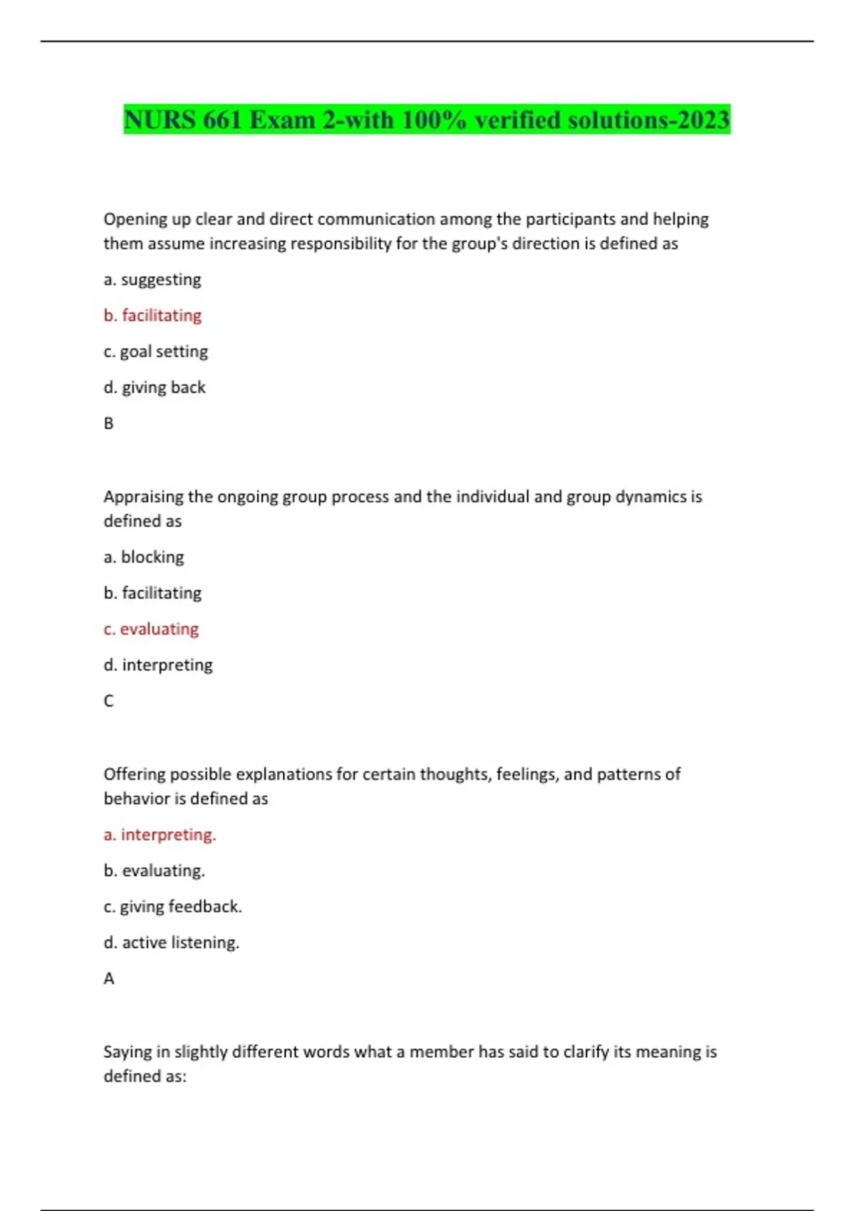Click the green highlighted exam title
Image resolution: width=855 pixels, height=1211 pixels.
(x=426, y=120)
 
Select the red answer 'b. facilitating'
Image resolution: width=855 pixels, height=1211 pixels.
(x=152, y=315)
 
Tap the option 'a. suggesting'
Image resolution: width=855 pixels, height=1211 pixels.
(x=152, y=279)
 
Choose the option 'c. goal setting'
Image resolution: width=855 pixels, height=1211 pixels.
(x=155, y=351)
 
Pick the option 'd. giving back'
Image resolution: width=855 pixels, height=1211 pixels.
(x=155, y=387)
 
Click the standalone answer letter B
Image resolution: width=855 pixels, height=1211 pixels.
(x=108, y=423)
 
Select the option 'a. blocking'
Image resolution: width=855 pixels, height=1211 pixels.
(x=144, y=556)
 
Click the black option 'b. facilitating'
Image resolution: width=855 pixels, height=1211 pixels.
(x=152, y=593)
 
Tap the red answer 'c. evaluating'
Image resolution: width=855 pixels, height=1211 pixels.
(x=151, y=628)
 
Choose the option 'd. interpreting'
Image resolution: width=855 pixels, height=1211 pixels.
(x=158, y=665)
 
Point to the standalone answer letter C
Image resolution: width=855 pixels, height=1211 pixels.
(x=108, y=701)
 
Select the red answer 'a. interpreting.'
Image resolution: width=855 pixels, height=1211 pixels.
(x=160, y=834)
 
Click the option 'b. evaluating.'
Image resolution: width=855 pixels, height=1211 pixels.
(x=154, y=870)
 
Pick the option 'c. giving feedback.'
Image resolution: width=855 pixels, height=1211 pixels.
(x=172, y=906)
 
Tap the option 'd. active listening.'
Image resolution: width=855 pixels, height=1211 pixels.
(x=171, y=942)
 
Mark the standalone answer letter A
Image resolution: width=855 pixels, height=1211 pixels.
(x=108, y=979)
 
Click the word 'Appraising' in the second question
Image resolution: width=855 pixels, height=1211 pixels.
(x=143, y=497)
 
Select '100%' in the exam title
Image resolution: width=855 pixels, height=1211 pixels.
(x=433, y=120)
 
